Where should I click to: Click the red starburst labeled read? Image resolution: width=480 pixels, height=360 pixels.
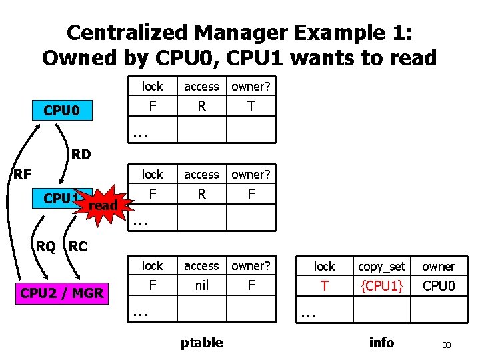[102, 205]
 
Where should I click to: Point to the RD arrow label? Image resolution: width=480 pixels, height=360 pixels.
[81, 155]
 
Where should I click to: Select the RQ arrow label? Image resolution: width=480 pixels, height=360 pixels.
[45, 246]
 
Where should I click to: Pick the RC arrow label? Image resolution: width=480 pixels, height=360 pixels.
[77, 246]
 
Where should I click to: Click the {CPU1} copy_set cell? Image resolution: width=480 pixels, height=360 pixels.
[381, 287]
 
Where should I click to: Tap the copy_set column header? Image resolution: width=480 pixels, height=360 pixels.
[381, 267]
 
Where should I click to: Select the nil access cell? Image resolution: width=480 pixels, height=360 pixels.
[201, 287]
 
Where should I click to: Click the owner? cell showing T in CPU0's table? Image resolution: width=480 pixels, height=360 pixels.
[251, 106]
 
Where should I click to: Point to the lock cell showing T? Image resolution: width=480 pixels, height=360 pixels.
[325, 287]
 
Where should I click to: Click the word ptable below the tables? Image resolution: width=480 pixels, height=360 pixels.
[202, 343]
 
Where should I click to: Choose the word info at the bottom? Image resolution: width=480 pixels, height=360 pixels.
[381, 343]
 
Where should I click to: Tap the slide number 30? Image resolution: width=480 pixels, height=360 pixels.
[447, 345]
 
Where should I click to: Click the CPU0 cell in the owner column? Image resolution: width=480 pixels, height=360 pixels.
[438, 287]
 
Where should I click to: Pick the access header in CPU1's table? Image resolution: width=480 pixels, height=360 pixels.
[201, 175]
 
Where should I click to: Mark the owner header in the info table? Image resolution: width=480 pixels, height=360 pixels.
[438, 267]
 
